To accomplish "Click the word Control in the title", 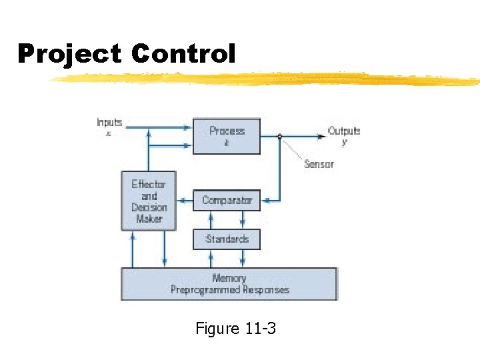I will point(183,54).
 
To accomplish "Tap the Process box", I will point(227,136).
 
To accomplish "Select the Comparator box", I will point(227,200).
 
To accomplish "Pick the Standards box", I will point(227,239).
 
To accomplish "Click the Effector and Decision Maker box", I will point(149,201).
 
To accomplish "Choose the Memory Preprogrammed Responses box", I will point(229,284).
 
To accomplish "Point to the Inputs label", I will point(109,122).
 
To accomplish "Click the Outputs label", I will point(343,131).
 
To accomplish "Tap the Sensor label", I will point(319,164).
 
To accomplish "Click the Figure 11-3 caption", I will point(235,328).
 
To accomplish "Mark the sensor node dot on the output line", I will point(280,137).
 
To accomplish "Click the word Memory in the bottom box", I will point(229,278).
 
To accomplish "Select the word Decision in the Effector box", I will point(149,207).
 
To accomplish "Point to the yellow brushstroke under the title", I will point(267,79).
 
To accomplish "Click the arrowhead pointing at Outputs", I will point(322,136).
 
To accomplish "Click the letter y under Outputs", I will point(344,142).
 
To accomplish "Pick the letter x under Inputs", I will point(109,133).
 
